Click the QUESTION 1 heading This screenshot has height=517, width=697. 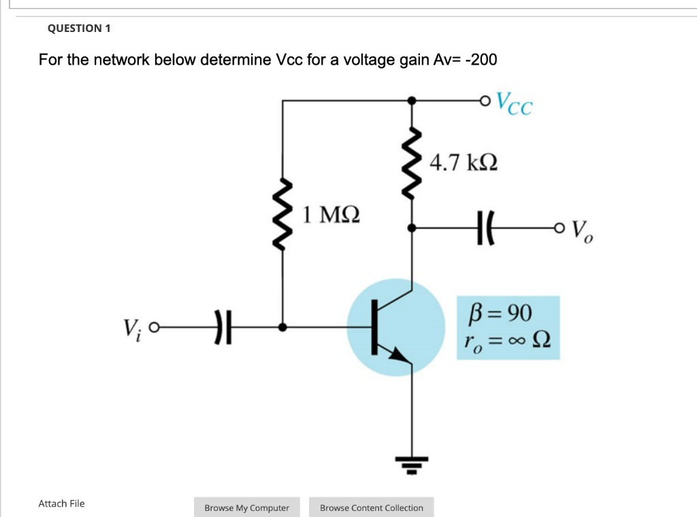(79, 29)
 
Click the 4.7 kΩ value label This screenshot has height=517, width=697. (464, 163)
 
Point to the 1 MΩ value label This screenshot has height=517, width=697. (331, 215)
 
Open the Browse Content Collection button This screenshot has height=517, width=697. (371, 507)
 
